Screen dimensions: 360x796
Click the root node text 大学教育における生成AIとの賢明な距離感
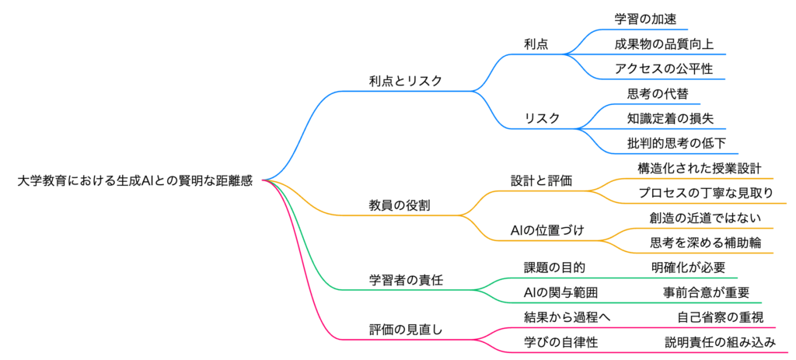[135, 180]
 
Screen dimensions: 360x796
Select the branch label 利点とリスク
[406, 81]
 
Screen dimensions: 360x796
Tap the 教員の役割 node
[400, 205]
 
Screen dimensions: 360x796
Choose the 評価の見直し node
[406, 330]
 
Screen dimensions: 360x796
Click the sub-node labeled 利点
[536, 44]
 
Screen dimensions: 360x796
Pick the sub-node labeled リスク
[543, 118]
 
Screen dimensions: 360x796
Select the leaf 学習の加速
[641, 19]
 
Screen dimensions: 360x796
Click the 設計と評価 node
[541, 180]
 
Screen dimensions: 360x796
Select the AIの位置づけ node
[547, 230]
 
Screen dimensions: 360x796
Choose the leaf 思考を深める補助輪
[706, 243]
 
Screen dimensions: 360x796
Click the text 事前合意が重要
[706, 292]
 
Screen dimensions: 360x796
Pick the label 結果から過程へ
[568, 317]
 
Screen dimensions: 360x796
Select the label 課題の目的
[554, 267]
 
